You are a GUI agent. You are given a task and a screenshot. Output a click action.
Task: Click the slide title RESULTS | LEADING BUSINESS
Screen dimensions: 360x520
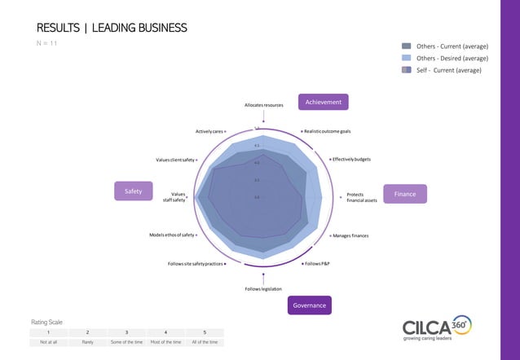pos(112,29)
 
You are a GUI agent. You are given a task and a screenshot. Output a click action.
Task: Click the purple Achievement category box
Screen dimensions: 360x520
pos(324,102)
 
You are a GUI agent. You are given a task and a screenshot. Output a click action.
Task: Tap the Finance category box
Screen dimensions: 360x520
pos(405,195)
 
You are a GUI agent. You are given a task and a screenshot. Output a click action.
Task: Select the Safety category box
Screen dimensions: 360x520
pos(134,191)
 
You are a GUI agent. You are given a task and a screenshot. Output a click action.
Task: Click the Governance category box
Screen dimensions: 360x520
pos(309,305)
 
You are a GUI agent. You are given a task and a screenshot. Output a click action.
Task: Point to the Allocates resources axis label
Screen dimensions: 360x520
pos(263,106)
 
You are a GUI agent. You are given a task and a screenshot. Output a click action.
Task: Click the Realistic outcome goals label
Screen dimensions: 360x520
pos(327,131)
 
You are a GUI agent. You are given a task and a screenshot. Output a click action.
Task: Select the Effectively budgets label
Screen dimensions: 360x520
pos(351,159)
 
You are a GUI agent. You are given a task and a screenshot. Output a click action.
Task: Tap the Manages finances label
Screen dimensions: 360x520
pos(350,235)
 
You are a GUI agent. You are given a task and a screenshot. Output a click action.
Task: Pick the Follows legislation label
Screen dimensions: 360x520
pos(263,289)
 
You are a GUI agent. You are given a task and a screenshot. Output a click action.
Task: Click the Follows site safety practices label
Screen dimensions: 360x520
pos(196,264)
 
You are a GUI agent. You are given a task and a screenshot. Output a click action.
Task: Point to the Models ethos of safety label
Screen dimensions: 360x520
pos(172,235)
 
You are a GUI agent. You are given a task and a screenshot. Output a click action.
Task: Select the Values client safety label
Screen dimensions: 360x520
pos(176,160)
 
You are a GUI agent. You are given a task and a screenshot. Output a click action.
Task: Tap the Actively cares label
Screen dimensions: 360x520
pos(209,131)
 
